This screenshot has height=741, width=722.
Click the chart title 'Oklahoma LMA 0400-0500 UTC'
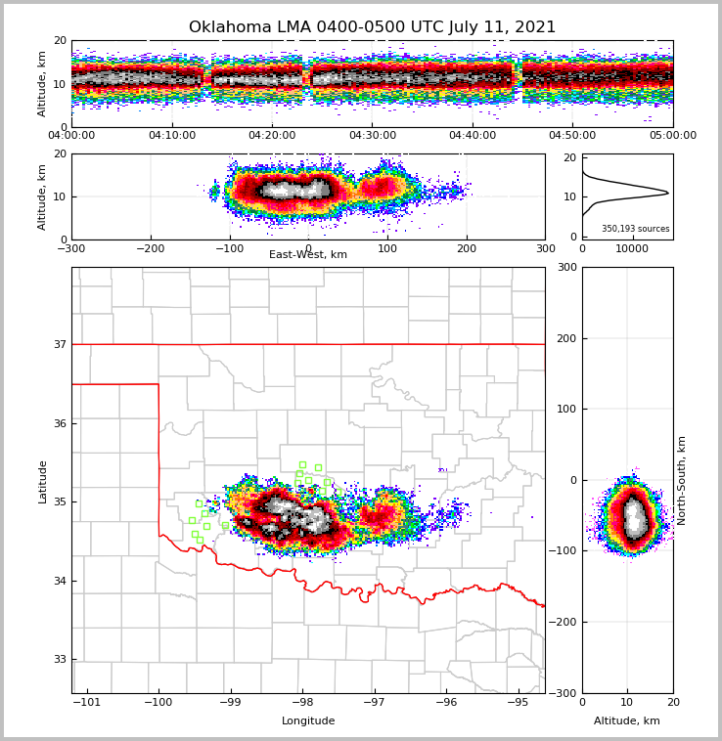[372, 27]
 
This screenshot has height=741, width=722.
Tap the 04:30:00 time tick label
[373, 136]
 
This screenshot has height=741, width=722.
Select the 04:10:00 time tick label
[171, 136]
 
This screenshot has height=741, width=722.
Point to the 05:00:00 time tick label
[673, 136]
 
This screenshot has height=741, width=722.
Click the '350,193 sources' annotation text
[635, 229]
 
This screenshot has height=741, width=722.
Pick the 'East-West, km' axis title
[308, 255]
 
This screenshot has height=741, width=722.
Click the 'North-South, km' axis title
[682, 480]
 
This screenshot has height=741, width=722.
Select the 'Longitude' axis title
[308, 721]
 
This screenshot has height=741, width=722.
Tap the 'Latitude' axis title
[42, 481]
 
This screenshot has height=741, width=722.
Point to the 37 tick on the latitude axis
[60, 344]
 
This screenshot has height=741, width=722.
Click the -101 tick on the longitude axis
[87, 702]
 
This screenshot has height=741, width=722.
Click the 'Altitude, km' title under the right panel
[627, 721]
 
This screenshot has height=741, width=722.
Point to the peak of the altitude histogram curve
[668, 193]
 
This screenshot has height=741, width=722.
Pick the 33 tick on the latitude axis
[60, 659]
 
